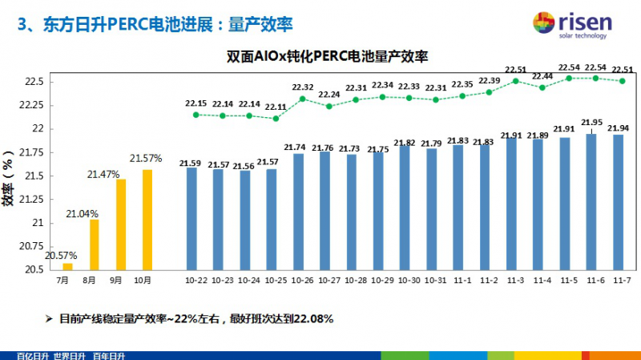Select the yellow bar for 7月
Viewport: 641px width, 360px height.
tap(67, 265)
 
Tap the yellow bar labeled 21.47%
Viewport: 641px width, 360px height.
tap(120, 224)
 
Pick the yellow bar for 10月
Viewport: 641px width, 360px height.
tap(147, 219)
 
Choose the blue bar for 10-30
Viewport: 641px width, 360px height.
tap(409, 208)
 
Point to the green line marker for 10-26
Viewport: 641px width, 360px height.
tap(302, 99)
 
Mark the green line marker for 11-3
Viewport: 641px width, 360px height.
tap(516, 81)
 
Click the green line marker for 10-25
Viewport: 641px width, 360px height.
tap(276, 119)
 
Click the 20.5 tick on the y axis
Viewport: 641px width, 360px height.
tap(35, 269)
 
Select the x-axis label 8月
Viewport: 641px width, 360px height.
tap(89, 281)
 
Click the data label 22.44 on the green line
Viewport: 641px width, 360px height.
tap(542, 77)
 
